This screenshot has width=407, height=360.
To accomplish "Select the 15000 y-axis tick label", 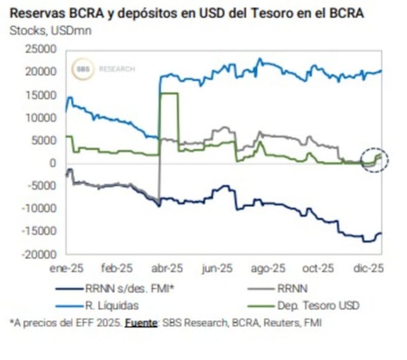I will coord(43,95).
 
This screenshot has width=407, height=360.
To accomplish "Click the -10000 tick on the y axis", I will coord(41,208).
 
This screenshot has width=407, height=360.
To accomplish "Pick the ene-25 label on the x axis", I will coord(67,268).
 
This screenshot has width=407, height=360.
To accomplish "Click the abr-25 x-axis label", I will coord(167,268).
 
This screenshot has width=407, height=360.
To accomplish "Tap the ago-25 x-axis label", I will coord(270,268).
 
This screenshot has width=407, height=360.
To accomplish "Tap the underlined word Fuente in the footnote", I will coord(141,322).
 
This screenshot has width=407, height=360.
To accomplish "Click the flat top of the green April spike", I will coord(168,93).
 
